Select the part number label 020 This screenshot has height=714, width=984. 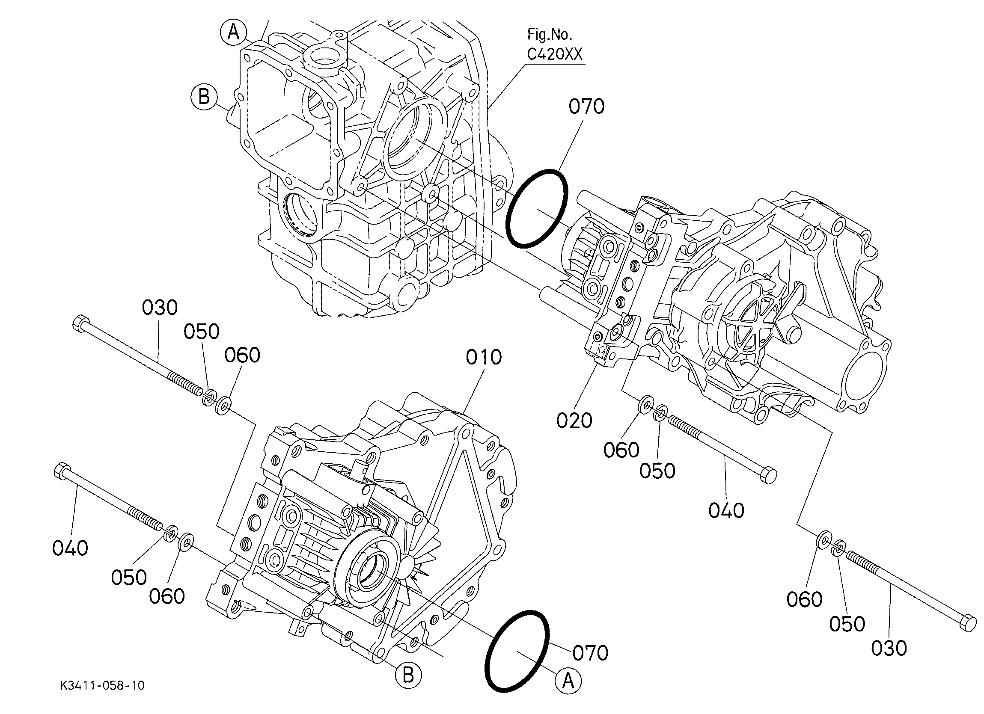(574, 421)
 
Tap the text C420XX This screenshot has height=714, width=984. (555, 54)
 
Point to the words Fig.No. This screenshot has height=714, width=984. (549, 33)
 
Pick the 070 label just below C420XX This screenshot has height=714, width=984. (586, 107)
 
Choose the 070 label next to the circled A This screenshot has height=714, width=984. (590, 652)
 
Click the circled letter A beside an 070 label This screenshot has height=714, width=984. (568, 681)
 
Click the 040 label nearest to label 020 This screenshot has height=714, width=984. (726, 510)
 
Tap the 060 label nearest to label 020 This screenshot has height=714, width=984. (621, 450)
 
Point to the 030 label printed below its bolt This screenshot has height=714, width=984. (889, 648)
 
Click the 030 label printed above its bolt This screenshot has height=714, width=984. (160, 308)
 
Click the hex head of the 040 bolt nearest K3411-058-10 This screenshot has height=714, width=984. (62, 471)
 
